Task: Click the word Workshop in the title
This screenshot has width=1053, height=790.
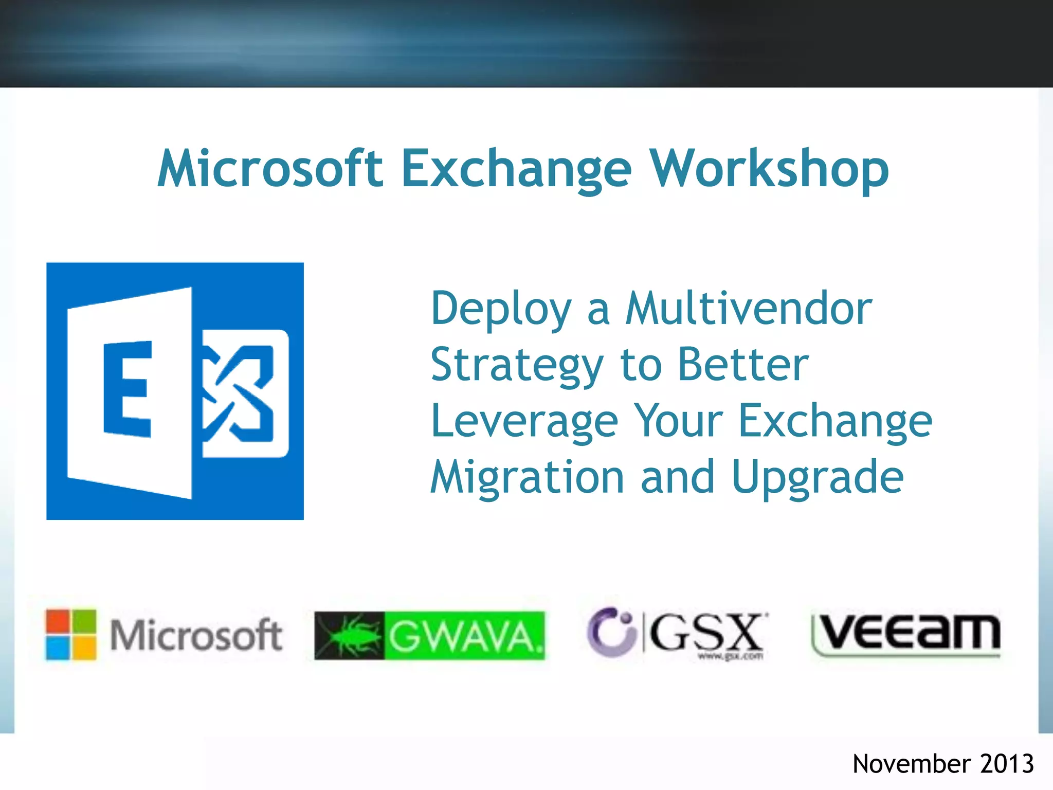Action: coord(769,169)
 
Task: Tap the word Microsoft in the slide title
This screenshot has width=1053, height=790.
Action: coord(270,169)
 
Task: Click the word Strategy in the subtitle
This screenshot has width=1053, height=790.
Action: coord(517,365)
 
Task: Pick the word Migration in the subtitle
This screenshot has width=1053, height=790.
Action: coord(528,477)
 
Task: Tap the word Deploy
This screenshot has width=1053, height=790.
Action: coord(501,310)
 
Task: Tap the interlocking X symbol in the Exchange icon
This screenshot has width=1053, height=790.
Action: coord(239,393)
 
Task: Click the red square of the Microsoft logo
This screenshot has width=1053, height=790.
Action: coord(58,621)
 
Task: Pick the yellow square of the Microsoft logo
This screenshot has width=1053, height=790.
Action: coord(84,648)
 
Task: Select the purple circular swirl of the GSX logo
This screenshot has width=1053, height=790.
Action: coord(610,632)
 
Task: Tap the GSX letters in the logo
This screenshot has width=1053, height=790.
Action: coord(706,633)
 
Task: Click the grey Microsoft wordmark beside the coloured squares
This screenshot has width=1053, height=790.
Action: coord(196,636)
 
